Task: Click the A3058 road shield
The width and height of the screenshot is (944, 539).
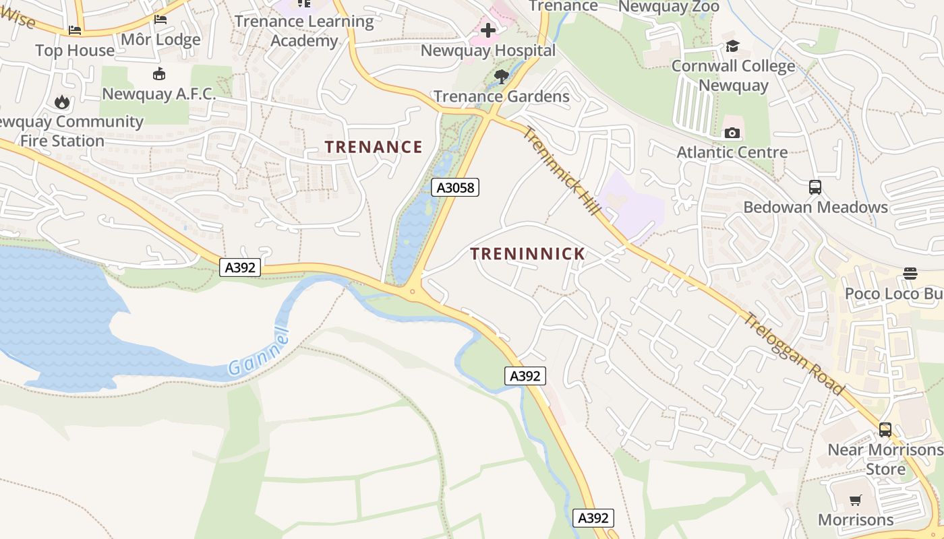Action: (455, 187)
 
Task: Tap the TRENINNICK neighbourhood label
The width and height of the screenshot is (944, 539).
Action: (527, 254)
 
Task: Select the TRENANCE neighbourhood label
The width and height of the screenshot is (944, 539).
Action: (374, 147)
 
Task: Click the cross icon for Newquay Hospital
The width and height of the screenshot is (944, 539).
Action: (488, 30)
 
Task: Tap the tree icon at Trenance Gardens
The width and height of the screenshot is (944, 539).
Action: (501, 76)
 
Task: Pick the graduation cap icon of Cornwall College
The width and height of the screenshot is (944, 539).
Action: (732, 46)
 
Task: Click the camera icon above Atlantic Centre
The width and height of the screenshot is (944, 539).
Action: (732, 133)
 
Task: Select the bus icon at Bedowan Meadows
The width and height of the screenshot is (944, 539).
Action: (815, 187)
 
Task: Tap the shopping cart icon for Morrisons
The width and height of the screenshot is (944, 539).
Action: (855, 500)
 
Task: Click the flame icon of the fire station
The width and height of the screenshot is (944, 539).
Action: (62, 102)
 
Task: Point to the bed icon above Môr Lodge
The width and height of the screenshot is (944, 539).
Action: (160, 20)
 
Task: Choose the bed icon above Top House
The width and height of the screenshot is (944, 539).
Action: (75, 30)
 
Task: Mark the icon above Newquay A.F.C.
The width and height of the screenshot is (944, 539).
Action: (159, 73)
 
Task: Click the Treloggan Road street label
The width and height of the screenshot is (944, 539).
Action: (794, 354)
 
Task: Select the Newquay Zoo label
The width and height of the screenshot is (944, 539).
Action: (668, 7)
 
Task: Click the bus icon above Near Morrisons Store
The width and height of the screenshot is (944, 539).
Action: (885, 429)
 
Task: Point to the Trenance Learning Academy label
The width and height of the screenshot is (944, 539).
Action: (304, 31)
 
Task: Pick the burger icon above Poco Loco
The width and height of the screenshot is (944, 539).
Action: (910, 273)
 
